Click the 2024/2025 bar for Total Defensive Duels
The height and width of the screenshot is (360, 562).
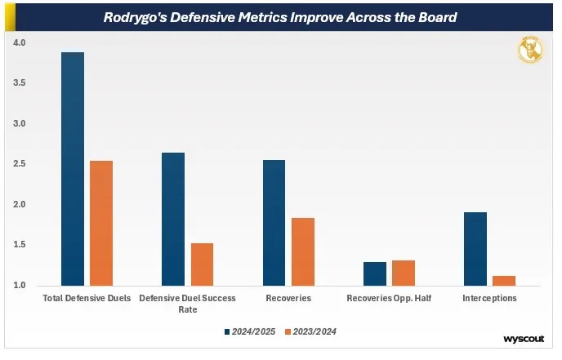tap(73, 169)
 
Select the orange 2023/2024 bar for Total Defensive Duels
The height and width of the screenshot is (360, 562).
tap(101, 223)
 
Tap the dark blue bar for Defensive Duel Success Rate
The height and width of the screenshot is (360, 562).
tap(173, 219)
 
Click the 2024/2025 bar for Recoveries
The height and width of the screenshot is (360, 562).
tap(274, 223)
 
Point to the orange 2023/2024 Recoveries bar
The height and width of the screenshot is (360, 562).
tap(303, 251)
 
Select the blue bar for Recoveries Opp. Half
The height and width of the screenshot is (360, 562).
tap(374, 273)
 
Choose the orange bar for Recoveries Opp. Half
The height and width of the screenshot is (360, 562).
tap(404, 273)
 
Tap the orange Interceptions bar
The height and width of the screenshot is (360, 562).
tap(504, 281)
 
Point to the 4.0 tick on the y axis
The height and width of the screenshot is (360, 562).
tap(19, 42)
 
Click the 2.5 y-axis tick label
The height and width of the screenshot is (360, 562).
tap(19, 164)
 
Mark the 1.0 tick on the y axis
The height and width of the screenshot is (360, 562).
tap(19, 285)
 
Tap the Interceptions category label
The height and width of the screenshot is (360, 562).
tap(489, 299)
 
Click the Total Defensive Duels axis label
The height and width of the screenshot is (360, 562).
tap(87, 299)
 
